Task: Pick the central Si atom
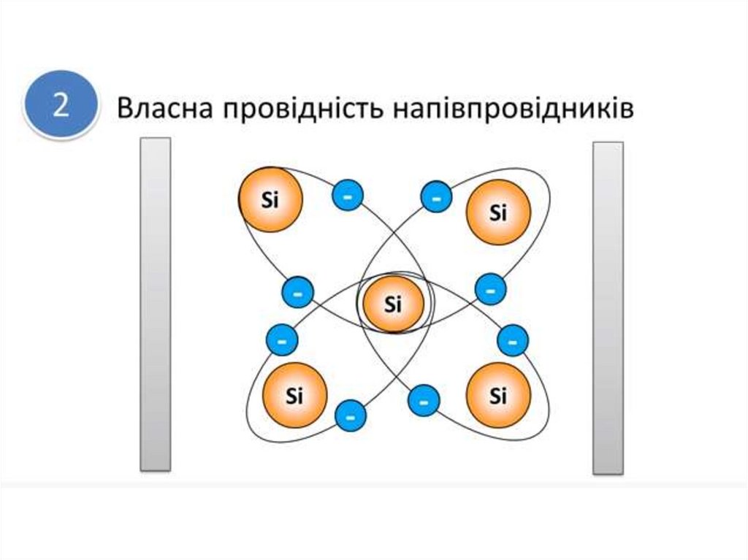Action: pyautogui.click(x=393, y=304)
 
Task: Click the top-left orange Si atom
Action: pyautogui.click(x=270, y=199)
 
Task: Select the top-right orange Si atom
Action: pyautogui.click(x=497, y=212)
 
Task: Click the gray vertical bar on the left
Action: pyautogui.click(x=156, y=303)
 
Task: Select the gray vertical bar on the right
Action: pyautogui.click(x=608, y=307)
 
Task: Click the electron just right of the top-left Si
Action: pyautogui.click(x=348, y=196)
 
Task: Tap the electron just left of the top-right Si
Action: pyautogui.click(x=436, y=197)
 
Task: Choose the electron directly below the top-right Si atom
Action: pyautogui.click(x=490, y=289)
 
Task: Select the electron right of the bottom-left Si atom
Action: pyautogui.click(x=350, y=416)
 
